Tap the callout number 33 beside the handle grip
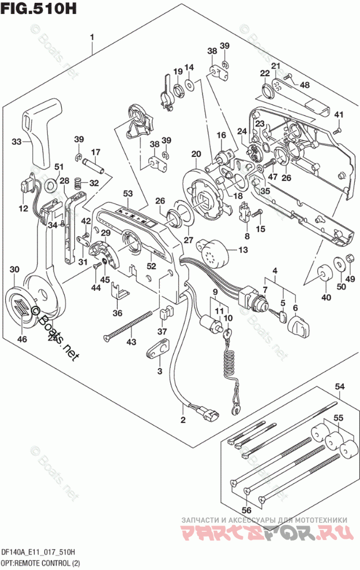click(17, 141)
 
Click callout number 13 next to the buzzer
click(242, 249)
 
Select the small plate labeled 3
click(160, 347)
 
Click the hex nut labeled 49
click(349, 261)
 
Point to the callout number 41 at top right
click(339, 114)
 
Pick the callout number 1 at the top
click(91, 39)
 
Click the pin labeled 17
click(94, 163)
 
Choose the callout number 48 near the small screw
click(304, 85)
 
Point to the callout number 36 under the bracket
click(118, 313)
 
